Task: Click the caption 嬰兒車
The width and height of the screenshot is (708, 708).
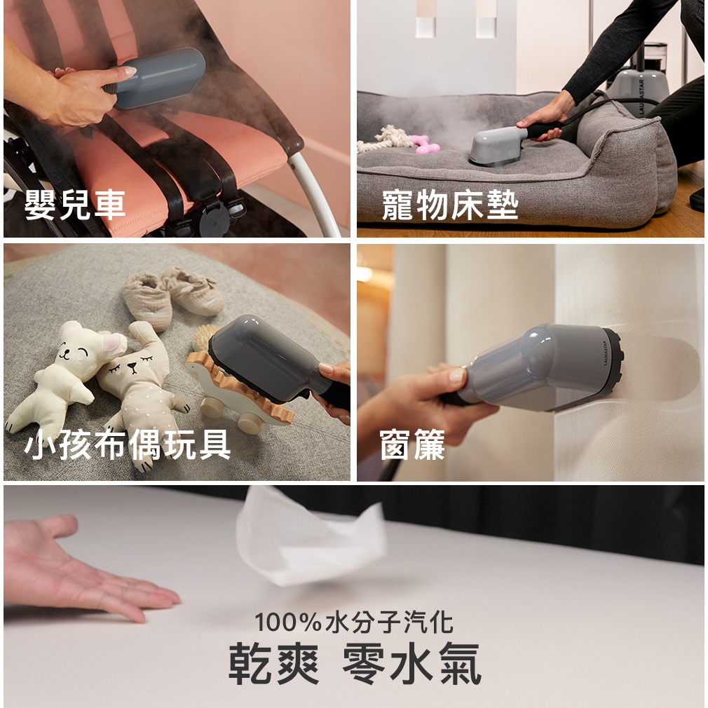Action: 74,205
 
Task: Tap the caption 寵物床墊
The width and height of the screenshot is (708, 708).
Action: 450,205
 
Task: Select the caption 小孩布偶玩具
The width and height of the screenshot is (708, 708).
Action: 128,444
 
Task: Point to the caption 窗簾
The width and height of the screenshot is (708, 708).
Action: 412,444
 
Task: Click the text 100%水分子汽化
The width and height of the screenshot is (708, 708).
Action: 353,622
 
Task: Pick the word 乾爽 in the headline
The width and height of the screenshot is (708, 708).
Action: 273,663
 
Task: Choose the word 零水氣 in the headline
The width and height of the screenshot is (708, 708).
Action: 411,663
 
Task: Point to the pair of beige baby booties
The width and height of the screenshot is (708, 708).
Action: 173,295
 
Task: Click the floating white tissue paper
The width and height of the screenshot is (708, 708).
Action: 311,538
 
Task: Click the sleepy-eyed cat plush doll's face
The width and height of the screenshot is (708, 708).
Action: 134,364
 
